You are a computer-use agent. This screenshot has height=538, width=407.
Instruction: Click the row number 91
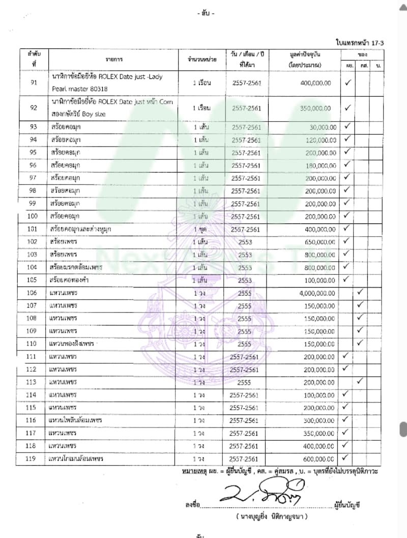(34, 82)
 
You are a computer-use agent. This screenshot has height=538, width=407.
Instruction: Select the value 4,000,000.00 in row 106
(313, 293)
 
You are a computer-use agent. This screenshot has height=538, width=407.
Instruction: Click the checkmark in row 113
(360, 381)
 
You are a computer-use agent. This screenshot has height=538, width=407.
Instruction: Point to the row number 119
(32, 459)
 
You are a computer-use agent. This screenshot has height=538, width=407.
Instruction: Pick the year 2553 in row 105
(245, 280)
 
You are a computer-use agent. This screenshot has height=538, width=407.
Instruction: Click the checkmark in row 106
(360, 292)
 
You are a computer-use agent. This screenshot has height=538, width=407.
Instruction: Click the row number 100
(32, 216)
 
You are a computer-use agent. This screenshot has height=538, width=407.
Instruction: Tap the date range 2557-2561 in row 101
(245, 230)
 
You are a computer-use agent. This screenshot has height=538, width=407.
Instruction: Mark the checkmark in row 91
(348, 82)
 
